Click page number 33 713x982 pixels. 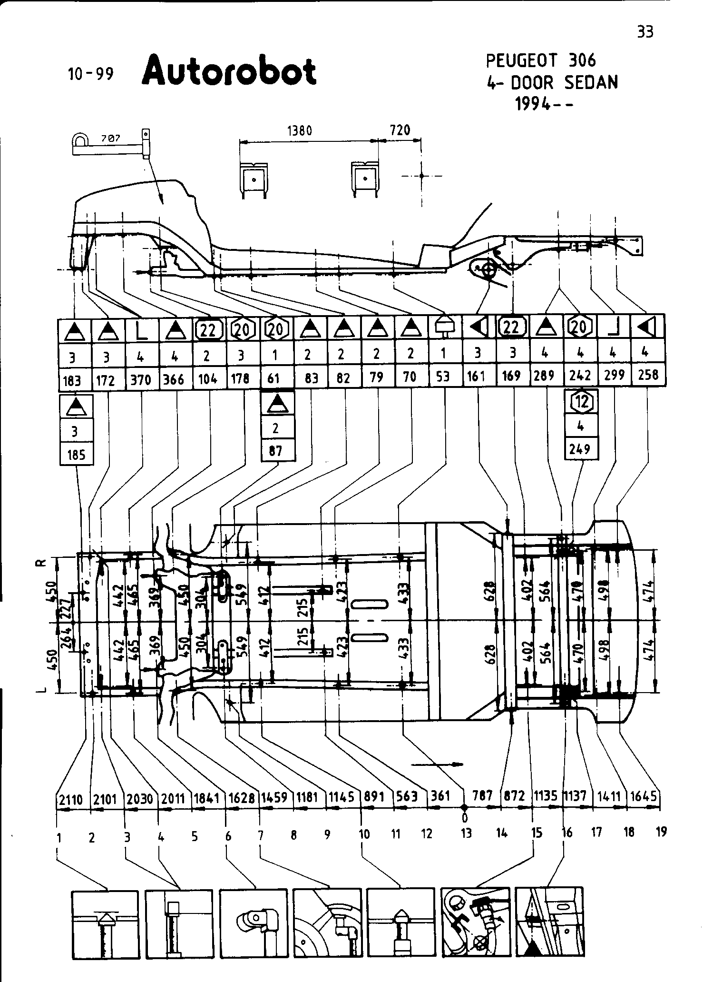(x=645, y=32)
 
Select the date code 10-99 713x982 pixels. (x=91, y=74)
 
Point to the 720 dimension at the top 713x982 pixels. (x=400, y=130)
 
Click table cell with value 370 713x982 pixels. (x=141, y=379)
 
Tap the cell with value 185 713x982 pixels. (x=76, y=455)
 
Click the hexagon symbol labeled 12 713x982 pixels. (x=581, y=403)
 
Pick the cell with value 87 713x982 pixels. (x=275, y=451)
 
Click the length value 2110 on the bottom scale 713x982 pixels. (x=71, y=798)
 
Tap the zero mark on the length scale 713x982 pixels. (x=465, y=818)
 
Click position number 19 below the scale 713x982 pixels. (x=661, y=831)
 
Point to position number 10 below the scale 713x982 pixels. (x=364, y=834)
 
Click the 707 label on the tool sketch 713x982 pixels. (x=111, y=139)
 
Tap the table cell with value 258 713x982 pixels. (x=648, y=375)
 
